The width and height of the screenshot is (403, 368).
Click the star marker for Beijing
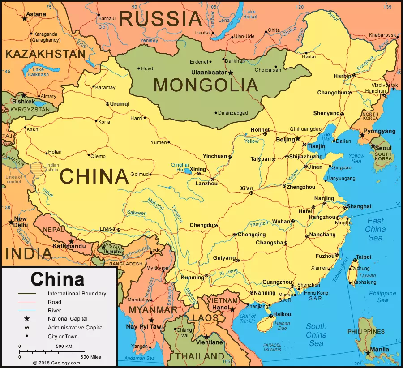pyautogui.click(x=298, y=139)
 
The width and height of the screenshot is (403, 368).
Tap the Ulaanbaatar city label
pyautogui.click(x=210, y=72)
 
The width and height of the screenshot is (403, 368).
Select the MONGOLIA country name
pyautogui.click(x=206, y=85)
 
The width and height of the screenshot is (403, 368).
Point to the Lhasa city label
pyautogui.click(x=107, y=229)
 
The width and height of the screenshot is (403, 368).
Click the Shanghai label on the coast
pyautogui.click(x=359, y=206)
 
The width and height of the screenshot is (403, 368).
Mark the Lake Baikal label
pyautogui.click(x=250, y=14)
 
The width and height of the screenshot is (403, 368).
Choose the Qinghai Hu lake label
pyautogui.click(x=180, y=167)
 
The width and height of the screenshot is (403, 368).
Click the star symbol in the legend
pyautogui.click(x=27, y=319)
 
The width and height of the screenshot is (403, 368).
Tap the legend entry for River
pyautogui.click(x=54, y=311)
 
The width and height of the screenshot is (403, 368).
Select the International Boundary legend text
pyautogui.click(x=77, y=294)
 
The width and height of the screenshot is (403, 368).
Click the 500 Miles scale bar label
pyautogui.click(x=90, y=357)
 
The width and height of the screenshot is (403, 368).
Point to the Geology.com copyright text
pyautogui.click(x=56, y=363)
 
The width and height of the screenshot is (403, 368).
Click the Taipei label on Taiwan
pyautogui.click(x=363, y=257)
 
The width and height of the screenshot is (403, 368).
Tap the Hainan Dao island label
pyautogui.click(x=283, y=325)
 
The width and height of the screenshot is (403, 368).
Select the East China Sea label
pyautogui.click(x=375, y=229)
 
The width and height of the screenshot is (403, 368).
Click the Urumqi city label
pyautogui.click(x=120, y=104)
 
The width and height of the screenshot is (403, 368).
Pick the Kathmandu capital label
pyautogui.click(x=69, y=246)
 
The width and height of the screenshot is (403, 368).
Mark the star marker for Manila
pyautogui.click(x=368, y=353)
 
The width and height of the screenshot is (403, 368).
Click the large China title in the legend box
pyautogui.click(x=57, y=279)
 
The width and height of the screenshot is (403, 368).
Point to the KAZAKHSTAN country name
pyautogui.click(x=45, y=54)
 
